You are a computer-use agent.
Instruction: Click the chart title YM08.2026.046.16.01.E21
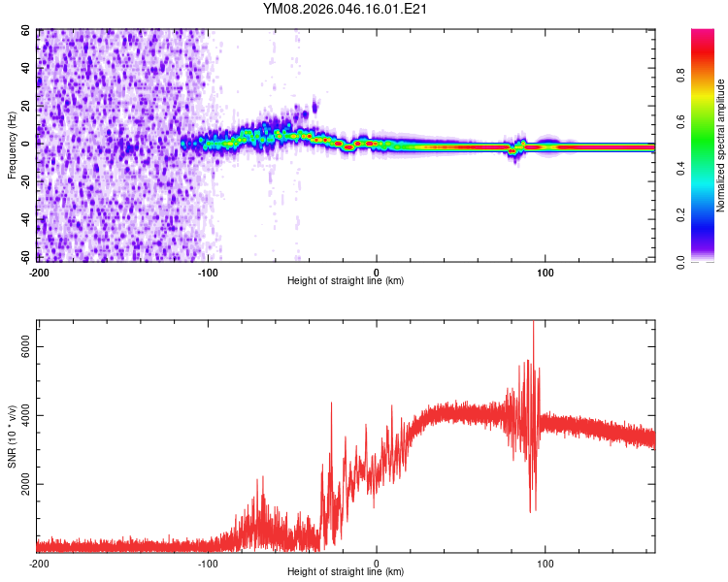[x=346, y=9]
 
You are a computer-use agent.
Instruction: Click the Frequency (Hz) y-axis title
[x=12, y=145]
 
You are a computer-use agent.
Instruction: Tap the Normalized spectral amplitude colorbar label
[x=720, y=145]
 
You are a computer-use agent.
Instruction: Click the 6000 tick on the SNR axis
[x=23, y=347]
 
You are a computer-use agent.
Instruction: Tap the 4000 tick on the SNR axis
[x=23, y=416]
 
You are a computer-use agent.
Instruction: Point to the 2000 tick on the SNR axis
[x=23, y=484]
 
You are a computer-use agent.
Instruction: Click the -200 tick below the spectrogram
[x=39, y=272]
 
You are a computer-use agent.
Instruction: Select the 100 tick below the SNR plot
[x=546, y=563]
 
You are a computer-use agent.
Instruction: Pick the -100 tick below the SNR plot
[x=208, y=563]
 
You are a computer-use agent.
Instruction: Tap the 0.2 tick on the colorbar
[x=682, y=215]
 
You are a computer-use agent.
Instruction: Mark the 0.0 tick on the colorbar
[x=682, y=261]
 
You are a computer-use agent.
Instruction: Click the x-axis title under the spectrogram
[x=346, y=280]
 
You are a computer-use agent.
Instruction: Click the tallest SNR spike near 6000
[x=533, y=324]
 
